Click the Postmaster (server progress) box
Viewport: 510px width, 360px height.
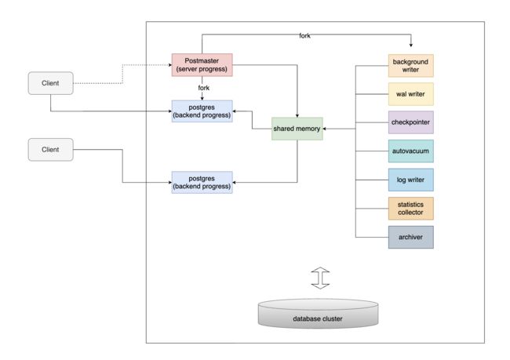(202, 65)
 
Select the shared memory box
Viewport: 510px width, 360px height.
(297, 129)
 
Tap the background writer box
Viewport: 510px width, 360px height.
(411, 66)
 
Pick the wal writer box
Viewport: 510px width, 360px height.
(411, 94)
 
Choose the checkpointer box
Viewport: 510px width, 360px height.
(411, 122)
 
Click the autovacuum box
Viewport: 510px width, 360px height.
(411, 151)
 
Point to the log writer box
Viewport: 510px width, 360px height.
(411, 180)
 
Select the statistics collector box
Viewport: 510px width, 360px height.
(411, 209)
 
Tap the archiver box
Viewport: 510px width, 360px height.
(411, 237)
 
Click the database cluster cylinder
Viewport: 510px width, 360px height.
(318, 314)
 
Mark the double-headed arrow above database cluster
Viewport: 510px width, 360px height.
(320, 278)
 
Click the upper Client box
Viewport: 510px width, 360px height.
(51, 83)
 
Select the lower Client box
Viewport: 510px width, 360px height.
(51, 150)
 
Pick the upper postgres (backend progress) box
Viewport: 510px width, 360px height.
(202, 111)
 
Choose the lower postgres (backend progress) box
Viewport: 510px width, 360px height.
(202, 183)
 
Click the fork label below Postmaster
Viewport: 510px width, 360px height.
(204, 88)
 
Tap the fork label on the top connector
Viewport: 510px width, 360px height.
(304, 35)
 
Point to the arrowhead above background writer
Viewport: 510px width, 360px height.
(411, 45)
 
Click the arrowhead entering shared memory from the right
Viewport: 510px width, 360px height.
(325, 129)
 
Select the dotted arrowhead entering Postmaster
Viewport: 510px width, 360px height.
(170, 65)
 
